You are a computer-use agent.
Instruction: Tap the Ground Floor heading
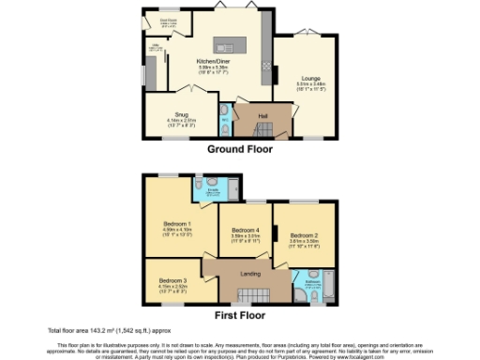239,148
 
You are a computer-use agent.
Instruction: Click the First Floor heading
239,316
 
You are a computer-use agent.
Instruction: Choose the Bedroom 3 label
174,280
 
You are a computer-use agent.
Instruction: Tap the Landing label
250,274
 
